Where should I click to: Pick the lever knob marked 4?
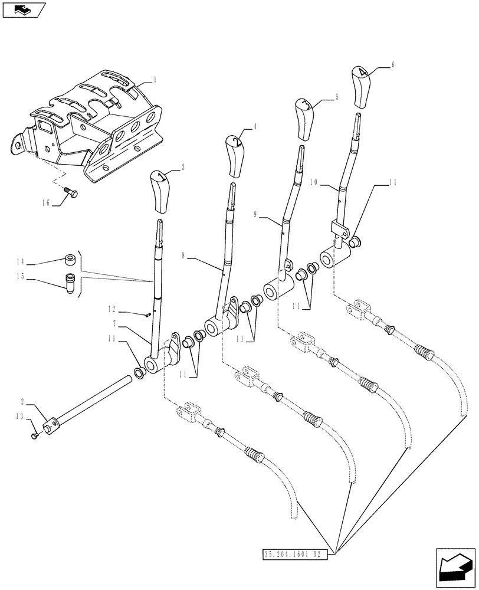[x=362, y=87]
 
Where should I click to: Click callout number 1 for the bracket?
[x=155, y=78]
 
